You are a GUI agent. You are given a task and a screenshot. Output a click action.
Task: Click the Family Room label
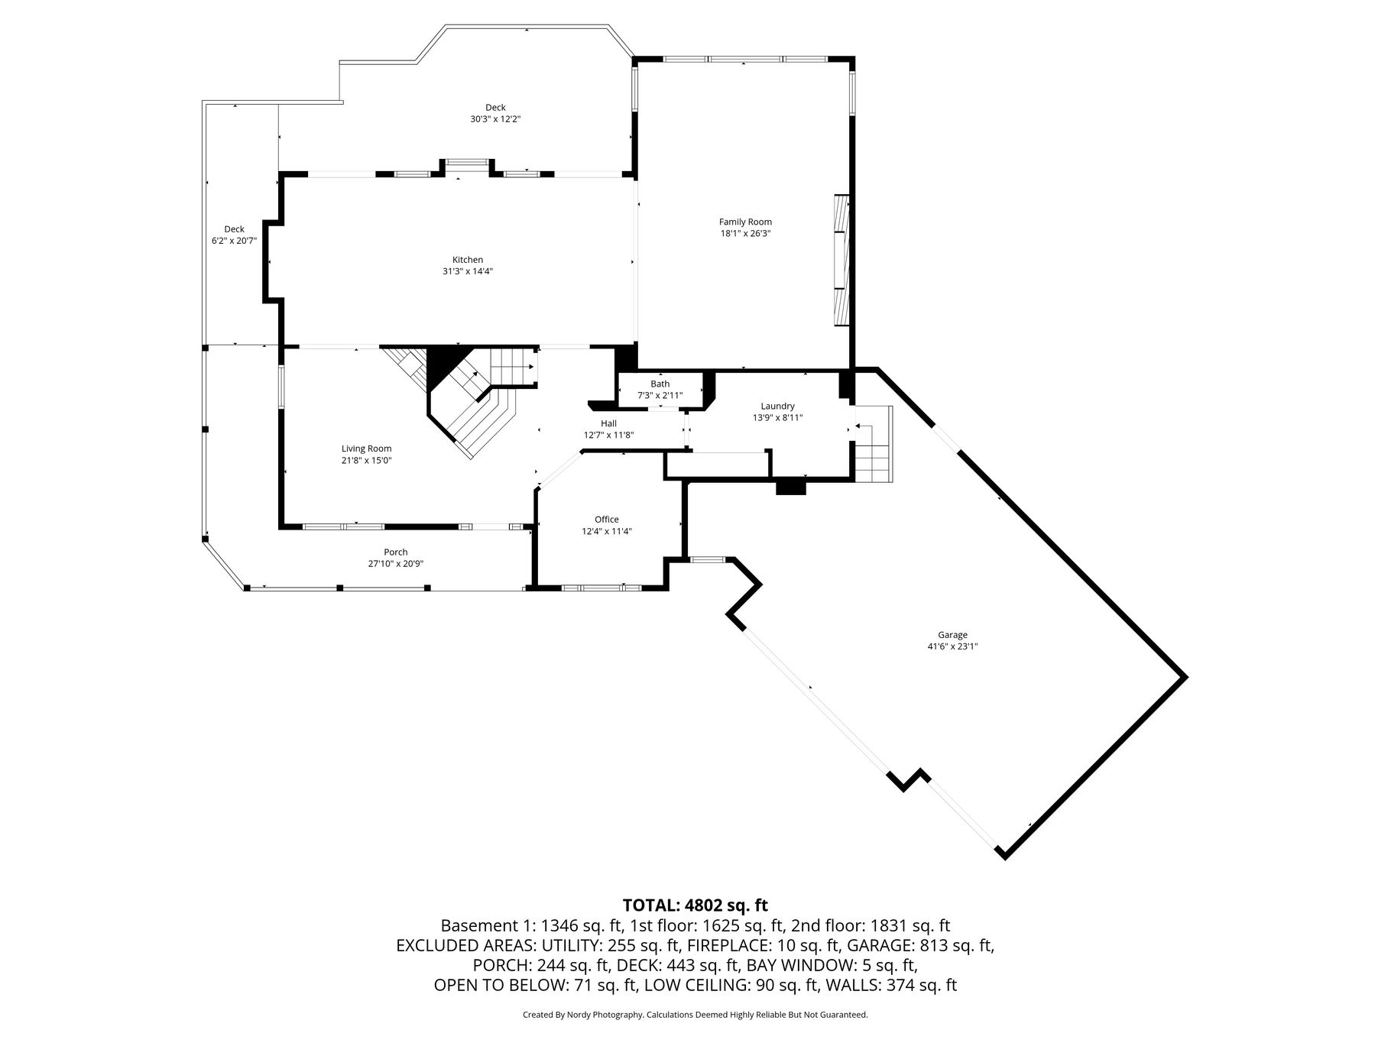[745, 222]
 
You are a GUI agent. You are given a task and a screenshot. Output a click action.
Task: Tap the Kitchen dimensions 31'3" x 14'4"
[468, 271]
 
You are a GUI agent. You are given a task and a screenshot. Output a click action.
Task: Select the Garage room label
[952, 635]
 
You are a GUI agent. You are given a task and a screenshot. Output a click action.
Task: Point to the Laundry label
[777, 407]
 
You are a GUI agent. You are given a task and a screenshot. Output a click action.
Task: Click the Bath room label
[660, 384]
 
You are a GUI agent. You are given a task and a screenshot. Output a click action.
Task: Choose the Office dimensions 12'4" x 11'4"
[607, 532]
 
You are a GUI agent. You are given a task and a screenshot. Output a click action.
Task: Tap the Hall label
[608, 423]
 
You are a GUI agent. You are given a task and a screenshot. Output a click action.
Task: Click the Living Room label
[366, 449]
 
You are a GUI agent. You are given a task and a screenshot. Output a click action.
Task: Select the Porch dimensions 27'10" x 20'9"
[396, 564]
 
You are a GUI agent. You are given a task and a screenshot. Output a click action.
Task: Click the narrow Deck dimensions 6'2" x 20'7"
[234, 241]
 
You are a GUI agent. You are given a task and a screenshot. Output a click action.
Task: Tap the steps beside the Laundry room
[874, 444]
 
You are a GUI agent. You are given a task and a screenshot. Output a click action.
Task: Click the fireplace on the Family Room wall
[842, 261]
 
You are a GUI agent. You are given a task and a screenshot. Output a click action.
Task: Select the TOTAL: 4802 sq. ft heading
[695, 905]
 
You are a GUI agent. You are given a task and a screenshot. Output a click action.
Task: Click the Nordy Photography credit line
[695, 1015]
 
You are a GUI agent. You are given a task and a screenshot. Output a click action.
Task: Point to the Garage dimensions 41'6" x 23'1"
[952, 646]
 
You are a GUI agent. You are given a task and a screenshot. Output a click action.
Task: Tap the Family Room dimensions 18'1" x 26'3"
[745, 234]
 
